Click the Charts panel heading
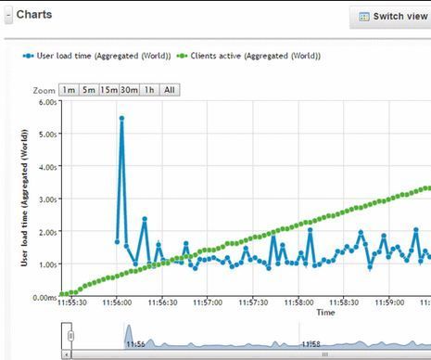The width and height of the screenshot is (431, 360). tap(34, 15)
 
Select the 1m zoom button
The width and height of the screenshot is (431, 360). tap(68, 90)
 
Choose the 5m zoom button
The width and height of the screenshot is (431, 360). tap(88, 90)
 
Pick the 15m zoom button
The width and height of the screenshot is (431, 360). tap(108, 90)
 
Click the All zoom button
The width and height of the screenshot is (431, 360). tap(169, 90)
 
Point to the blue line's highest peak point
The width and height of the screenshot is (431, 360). tap(121, 119)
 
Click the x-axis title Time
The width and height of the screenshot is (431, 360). tap(325, 313)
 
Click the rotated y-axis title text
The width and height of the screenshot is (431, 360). tap(24, 199)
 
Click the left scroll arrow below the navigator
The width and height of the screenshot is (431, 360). tap(65, 354)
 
